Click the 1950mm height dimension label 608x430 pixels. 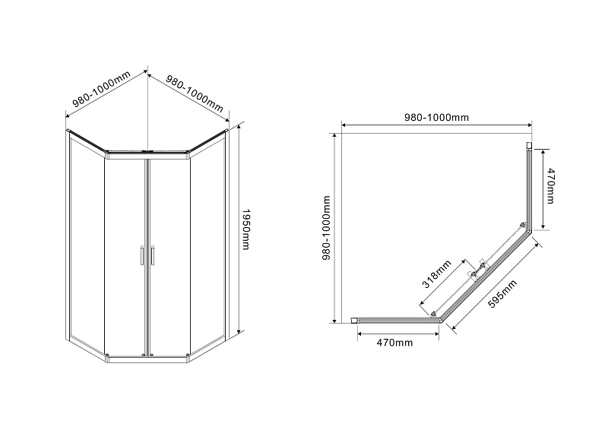(245, 229)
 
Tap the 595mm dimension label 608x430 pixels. (502, 294)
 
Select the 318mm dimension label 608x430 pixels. (436, 274)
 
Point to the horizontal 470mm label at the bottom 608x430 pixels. (394, 343)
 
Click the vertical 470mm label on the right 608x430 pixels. (550, 185)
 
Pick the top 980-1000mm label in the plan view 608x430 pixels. (436, 117)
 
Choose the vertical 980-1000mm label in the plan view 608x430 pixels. (327, 228)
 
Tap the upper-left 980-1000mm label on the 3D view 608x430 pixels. (102, 89)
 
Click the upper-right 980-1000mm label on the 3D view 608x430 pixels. (195, 93)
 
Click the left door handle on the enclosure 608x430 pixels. (142, 255)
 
